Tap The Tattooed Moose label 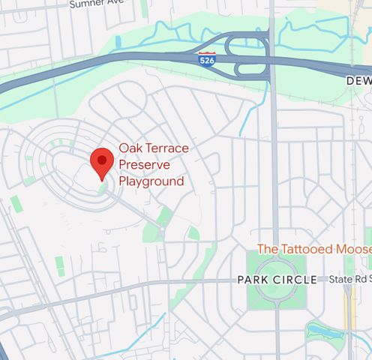coord(313,248)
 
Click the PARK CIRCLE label coord(277,280)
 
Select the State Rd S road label coord(349,279)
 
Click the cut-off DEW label coord(358,80)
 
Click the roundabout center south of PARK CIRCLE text coord(277,295)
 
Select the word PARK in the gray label coord(251,280)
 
